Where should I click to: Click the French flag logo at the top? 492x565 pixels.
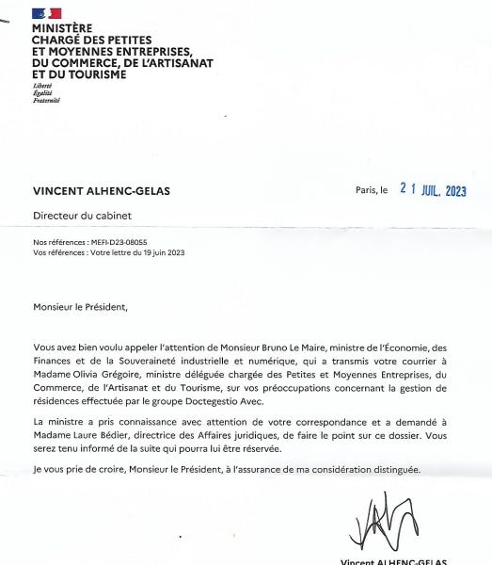coord(46,13)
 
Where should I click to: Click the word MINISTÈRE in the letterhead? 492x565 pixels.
coord(62,28)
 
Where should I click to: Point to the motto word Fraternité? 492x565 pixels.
coord(45,100)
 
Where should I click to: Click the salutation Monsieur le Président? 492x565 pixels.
coord(79,306)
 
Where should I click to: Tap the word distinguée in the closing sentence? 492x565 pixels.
coord(393,469)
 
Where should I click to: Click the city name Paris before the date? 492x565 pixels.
coord(364,190)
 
